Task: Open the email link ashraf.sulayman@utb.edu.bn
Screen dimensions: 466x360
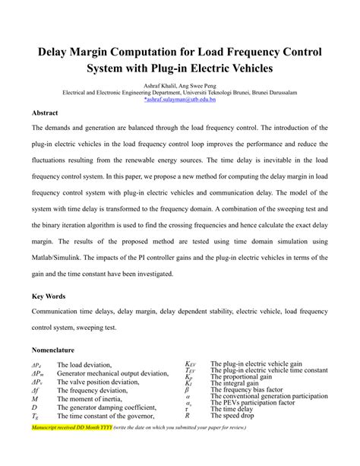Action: tap(179, 99)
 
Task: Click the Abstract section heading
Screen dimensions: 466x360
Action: tap(45, 113)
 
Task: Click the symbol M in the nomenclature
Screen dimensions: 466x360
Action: tap(35, 398)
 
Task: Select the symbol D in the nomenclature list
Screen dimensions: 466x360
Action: tap(34, 407)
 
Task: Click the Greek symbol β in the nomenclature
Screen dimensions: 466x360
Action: tap(187, 389)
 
